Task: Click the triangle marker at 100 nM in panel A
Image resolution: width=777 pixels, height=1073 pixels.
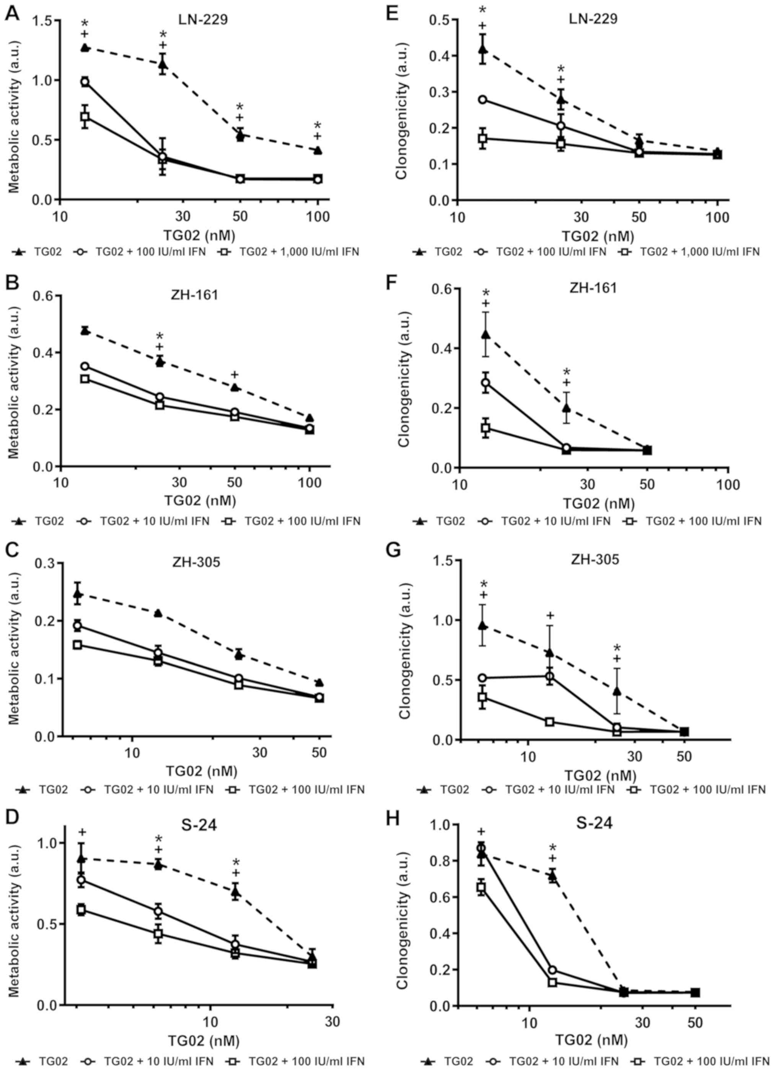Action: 318,150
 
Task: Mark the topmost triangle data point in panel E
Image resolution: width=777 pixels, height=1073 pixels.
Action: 482,49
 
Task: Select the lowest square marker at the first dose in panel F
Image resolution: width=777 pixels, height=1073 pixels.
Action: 485,428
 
